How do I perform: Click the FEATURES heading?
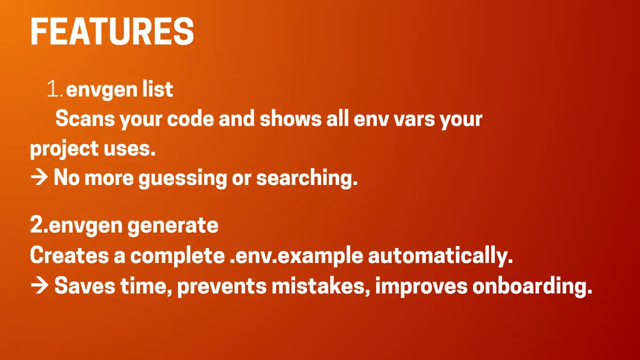[112, 31]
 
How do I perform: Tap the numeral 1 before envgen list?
[53, 89]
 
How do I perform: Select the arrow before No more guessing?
[39, 178]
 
